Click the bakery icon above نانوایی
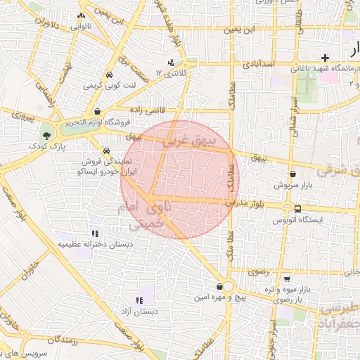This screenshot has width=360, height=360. pyautogui.click(x=82, y=16)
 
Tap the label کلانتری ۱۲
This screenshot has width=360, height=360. pyautogui.click(x=173, y=73)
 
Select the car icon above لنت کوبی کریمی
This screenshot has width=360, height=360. pyautogui.click(x=110, y=75)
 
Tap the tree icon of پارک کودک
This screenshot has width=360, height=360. pyautogui.click(x=46, y=134)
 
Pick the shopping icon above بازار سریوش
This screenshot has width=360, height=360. pyautogui.click(x=292, y=174)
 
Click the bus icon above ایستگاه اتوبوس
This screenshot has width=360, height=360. pyautogui.click(x=298, y=209)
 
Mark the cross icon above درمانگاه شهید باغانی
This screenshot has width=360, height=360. pyautogui.click(x=324, y=58)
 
